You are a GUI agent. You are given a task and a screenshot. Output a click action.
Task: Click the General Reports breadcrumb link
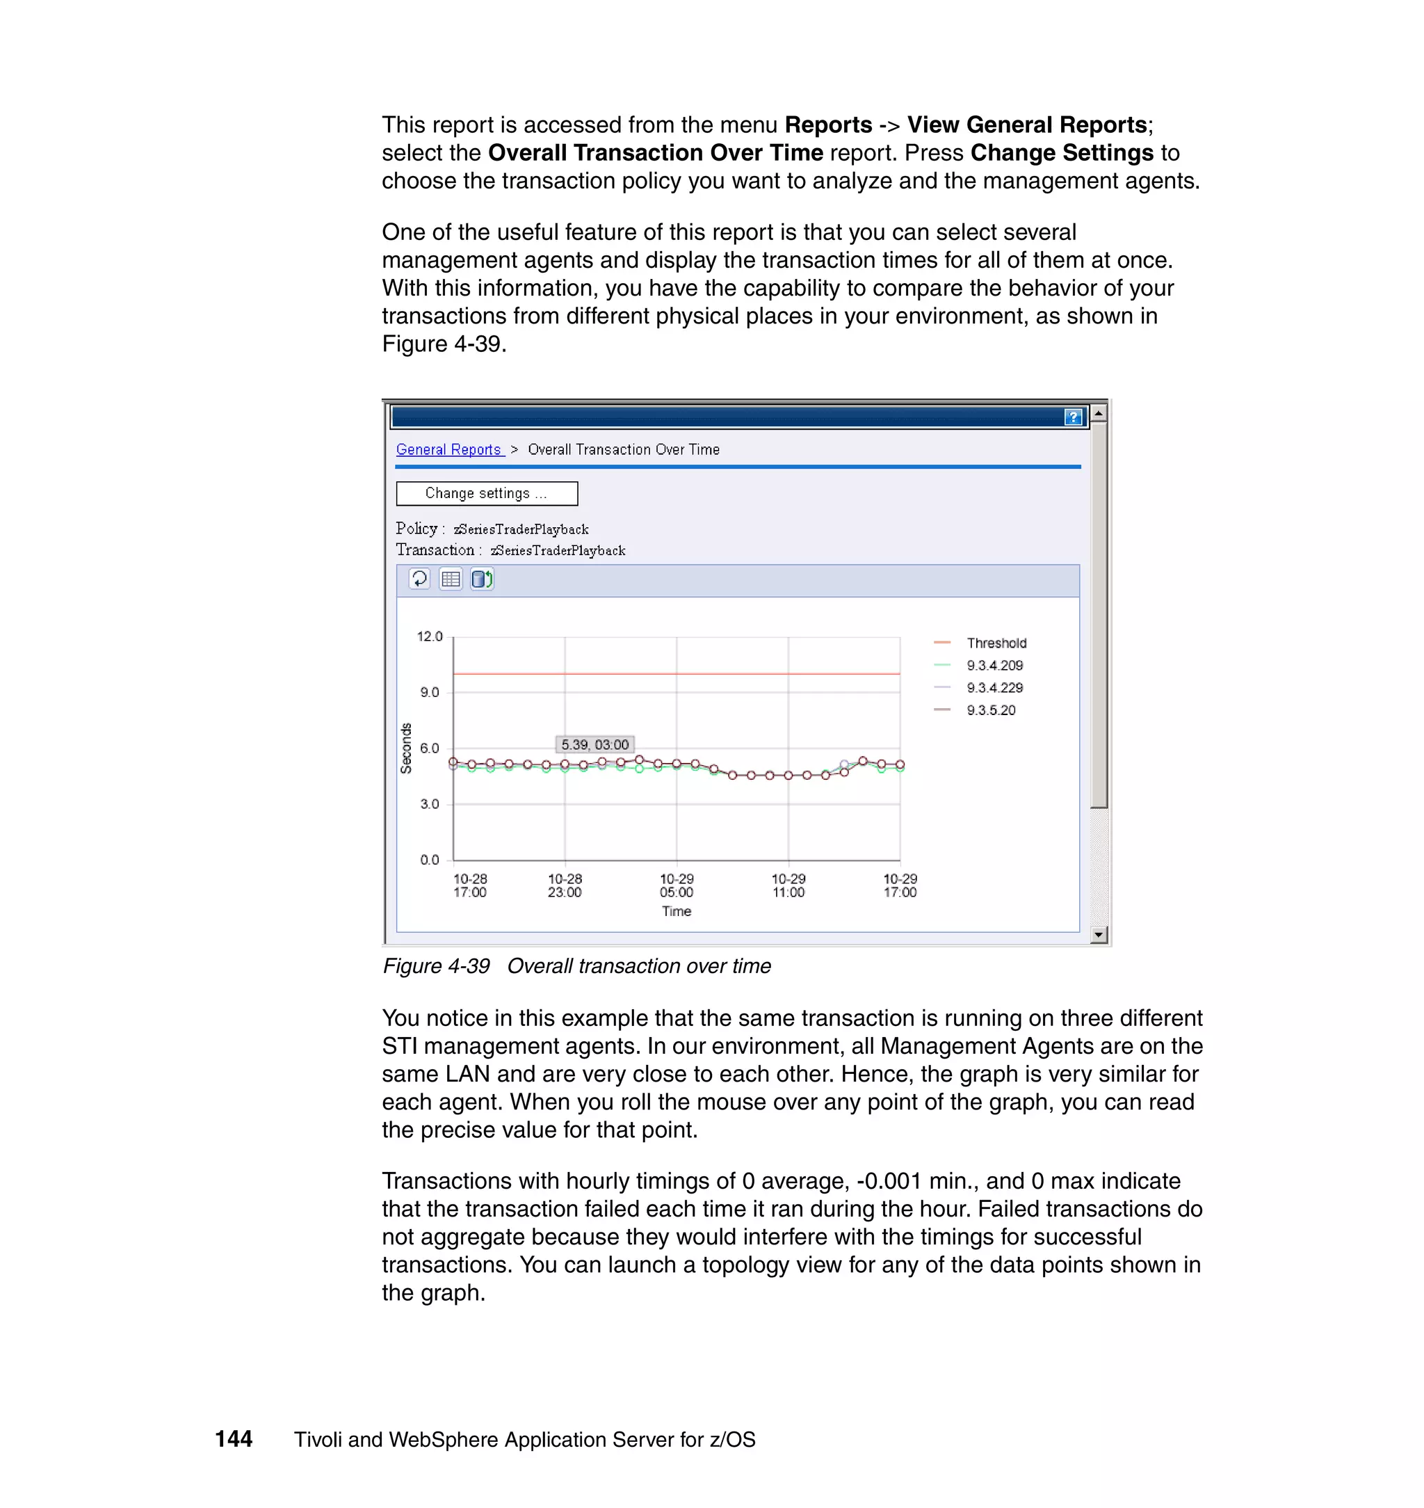(x=449, y=449)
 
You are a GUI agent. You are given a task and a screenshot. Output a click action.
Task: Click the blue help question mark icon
(x=1073, y=417)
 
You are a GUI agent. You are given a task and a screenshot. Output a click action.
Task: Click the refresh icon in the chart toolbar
(x=419, y=579)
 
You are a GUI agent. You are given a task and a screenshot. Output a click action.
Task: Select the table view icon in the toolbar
(x=451, y=579)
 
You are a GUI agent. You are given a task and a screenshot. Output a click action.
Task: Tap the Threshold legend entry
(x=996, y=643)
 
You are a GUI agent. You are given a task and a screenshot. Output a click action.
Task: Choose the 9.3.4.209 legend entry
(x=994, y=665)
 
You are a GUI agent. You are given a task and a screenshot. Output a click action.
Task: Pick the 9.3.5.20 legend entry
(x=991, y=710)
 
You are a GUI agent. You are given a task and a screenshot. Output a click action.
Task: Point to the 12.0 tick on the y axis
(x=430, y=636)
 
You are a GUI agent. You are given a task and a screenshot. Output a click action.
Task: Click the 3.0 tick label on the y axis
(x=430, y=803)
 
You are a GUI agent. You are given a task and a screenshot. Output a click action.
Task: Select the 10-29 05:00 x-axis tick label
(x=677, y=885)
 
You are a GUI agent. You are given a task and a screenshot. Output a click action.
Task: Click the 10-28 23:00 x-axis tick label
(x=565, y=885)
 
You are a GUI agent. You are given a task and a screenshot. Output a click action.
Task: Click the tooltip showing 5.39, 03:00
(x=595, y=744)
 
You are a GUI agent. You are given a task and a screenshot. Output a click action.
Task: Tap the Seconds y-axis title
(x=406, y=748)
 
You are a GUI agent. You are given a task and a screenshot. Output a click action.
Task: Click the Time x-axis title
(x=677, y=911)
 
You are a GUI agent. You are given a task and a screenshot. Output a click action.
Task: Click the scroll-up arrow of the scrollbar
(x=1099, y=413)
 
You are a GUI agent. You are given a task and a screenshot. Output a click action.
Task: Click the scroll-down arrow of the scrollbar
(x=1099, y=935)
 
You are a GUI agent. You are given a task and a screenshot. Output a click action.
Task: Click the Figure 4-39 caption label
(x=437, y=966)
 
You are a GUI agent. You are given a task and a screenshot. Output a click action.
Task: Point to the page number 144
(x=234, y=1439)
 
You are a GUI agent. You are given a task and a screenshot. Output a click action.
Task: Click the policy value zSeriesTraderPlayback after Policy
(x=521, y=529)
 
